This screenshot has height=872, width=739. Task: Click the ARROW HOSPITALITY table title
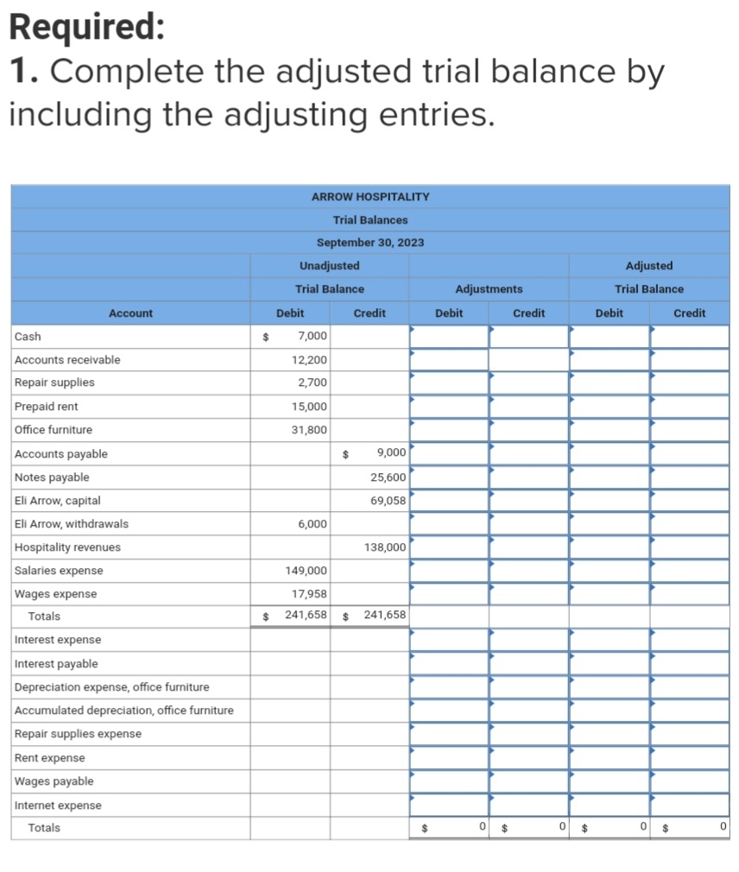point(369,197)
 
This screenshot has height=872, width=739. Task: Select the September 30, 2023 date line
point(369,243)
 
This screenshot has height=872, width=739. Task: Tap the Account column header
point(130,313)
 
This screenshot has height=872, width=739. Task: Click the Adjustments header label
point(489,289)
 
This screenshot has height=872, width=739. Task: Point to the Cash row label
point(28,337)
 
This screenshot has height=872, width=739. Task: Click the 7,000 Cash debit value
point(312,337)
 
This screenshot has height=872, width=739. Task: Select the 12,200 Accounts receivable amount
point(309,360)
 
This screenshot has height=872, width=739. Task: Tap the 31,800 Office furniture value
point(309,430)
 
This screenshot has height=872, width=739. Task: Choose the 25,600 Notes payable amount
point(388,477)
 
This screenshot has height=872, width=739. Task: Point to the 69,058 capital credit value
point(388,501)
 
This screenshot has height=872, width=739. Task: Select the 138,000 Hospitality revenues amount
point(385,547)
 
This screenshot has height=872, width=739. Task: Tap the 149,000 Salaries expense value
point(306,571)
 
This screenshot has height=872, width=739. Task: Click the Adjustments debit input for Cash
point(449,337)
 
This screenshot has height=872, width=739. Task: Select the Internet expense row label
point(58,806)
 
